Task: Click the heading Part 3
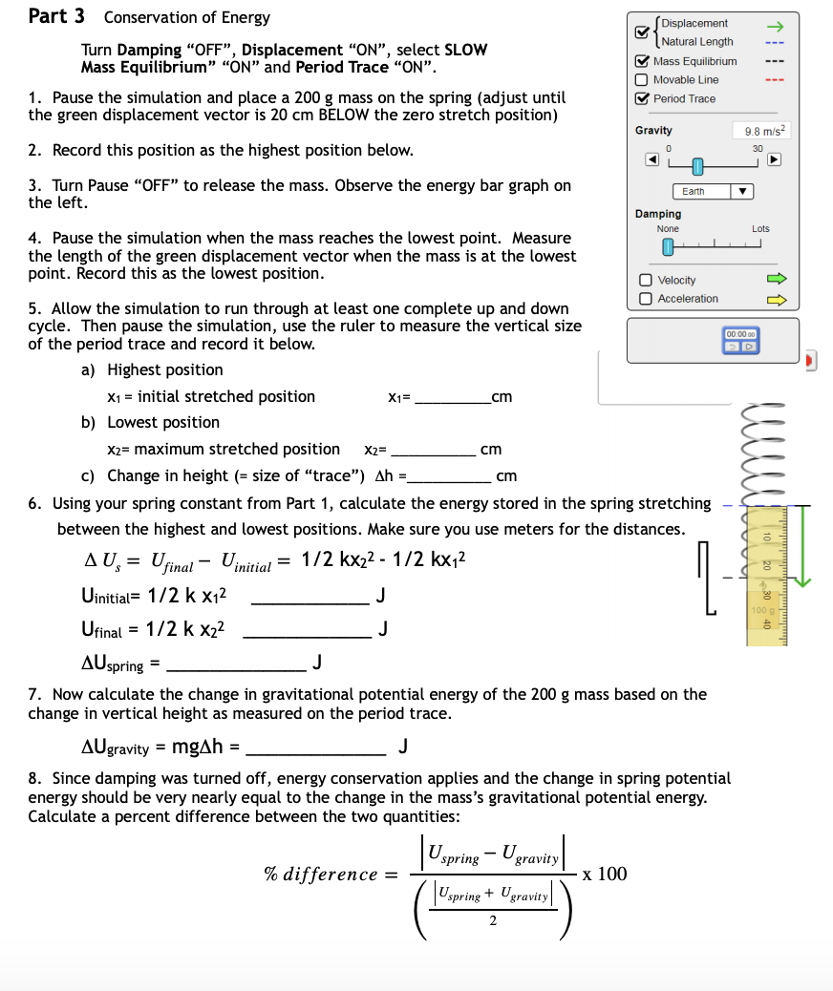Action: point(56,16)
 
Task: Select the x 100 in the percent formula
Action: point(605,874)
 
